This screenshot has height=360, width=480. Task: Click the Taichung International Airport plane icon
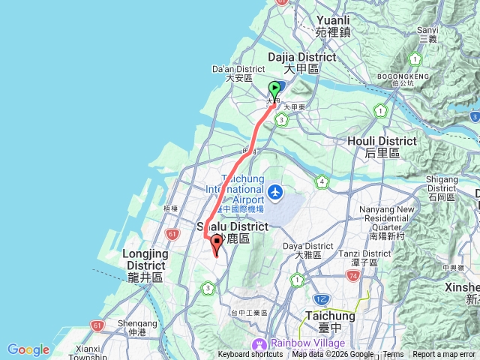[x=275, y=193]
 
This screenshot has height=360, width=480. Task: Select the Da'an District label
[x=230, y=71]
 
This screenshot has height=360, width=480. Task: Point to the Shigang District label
[x=442, y=184]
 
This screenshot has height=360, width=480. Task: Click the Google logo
[x=28, y=349]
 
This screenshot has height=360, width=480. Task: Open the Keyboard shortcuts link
[x=250, y=355]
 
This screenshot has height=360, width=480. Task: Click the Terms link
[x=393, y=355]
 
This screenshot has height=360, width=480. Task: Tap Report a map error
[x=444, y=355]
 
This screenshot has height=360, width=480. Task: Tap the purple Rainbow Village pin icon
[x=259, y=344]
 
